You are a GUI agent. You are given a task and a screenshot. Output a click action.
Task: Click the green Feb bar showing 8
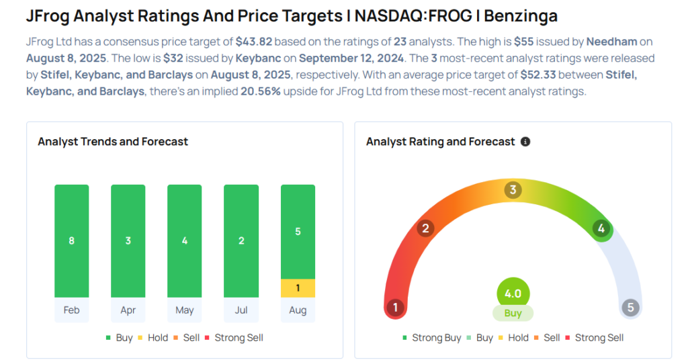point(71,240)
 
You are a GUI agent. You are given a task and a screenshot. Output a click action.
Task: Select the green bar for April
point(128,240)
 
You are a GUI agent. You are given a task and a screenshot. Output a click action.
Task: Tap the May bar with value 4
point(184,240)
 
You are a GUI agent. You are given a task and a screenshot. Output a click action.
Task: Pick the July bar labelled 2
point(241,240)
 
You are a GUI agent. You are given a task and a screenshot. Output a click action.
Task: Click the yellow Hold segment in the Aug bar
point(298,288)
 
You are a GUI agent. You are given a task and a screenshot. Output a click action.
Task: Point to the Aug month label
point(298,310)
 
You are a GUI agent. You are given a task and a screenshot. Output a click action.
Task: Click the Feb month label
point(71,310)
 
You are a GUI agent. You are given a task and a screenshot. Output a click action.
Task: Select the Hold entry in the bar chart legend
point(153,338)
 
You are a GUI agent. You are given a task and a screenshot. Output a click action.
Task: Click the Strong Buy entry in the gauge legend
point(432,338)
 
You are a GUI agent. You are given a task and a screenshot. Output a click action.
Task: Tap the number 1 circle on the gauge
point(396,308)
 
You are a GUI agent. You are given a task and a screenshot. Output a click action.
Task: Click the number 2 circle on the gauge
point(425,228)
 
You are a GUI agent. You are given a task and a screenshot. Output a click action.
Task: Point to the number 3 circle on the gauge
point(513,190)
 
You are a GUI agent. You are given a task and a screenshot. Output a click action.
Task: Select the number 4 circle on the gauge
point(601,228)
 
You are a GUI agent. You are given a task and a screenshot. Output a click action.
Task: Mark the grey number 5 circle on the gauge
point(630,308)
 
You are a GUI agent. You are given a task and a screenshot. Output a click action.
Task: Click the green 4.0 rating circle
point(513,294)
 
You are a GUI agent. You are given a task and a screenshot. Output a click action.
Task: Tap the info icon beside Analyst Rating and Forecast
point(525,142)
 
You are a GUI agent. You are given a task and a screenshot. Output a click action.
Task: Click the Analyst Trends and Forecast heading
point(113,142)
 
